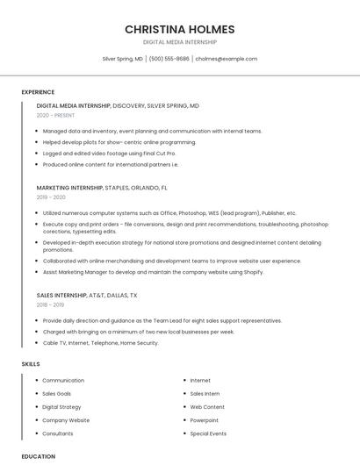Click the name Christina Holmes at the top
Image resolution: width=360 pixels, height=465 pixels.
(x=179, y=29)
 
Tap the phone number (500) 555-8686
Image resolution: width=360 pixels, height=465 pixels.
(x=169, y=59)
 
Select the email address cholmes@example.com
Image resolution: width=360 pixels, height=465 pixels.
(x=226, y=59)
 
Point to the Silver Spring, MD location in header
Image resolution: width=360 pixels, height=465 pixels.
(x=122, y=59)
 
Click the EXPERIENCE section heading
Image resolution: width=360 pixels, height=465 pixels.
(x=38, y=92)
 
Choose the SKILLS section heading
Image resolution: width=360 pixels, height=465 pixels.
(x=31, y=363)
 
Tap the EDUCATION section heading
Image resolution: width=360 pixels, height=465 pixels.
(x=38, y=456)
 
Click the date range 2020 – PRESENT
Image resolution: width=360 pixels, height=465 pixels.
(x=55, y=116)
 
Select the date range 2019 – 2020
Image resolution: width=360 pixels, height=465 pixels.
(x=52, y=197)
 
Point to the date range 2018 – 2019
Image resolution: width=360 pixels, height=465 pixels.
(x=52, y=305)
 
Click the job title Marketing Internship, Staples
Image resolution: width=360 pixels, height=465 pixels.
(x=102, y=188)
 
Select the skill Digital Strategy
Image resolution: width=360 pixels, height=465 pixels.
(x=61, y=407)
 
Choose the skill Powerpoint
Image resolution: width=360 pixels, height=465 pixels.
(x=205, y=420)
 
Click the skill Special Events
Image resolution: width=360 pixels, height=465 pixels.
(x=208, y=433)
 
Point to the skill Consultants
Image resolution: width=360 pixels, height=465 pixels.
(x=58, y=433)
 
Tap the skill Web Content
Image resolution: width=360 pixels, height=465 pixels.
(x=207, y=407)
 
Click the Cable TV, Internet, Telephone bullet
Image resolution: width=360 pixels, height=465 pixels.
(x=100, y=343)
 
